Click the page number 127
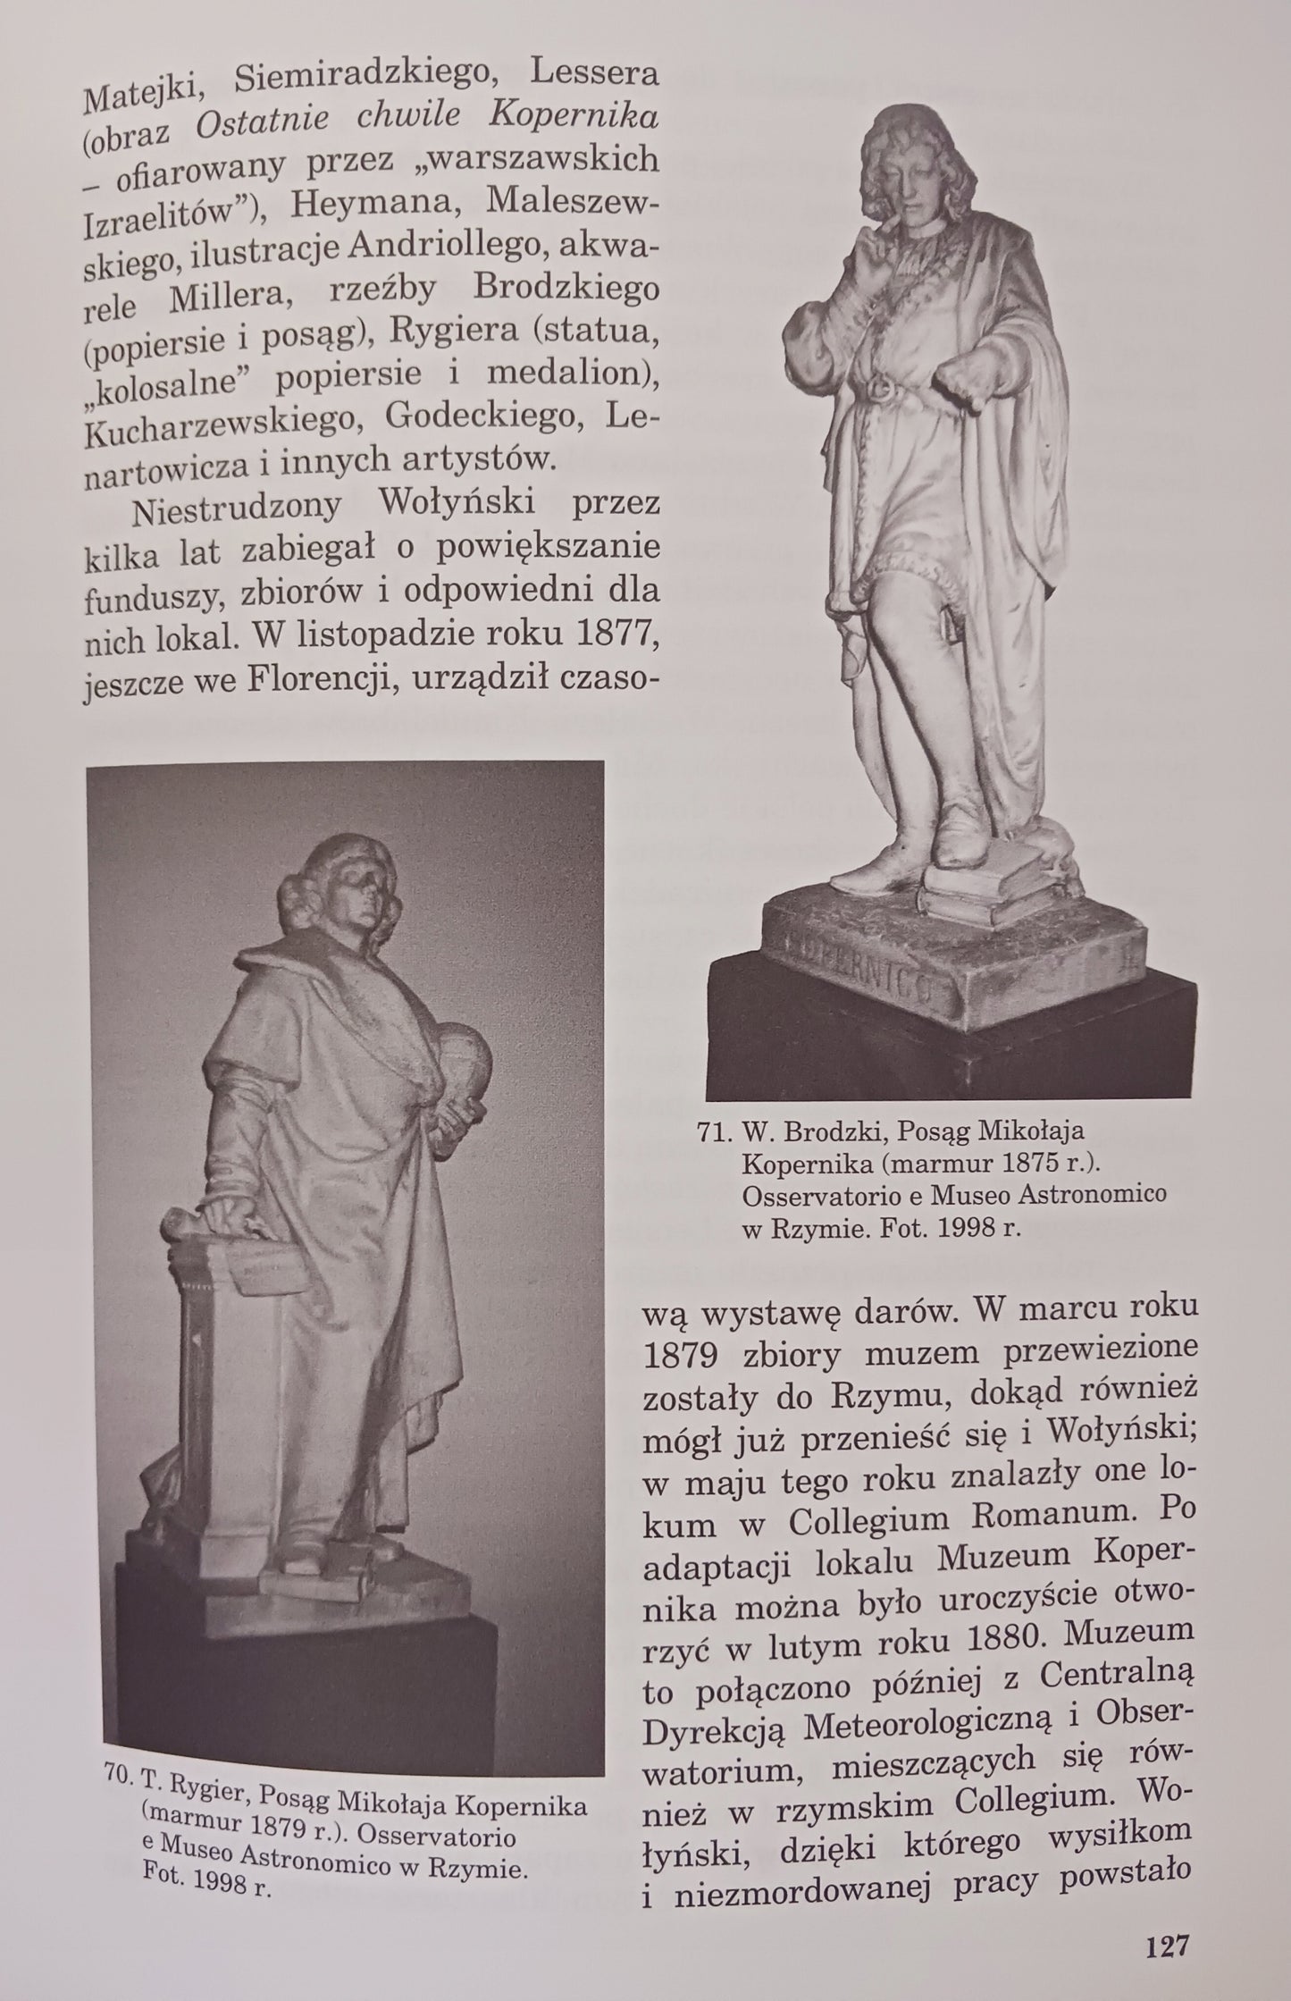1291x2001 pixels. point(1167,1943)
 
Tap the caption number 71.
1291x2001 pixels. point(713,1133)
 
